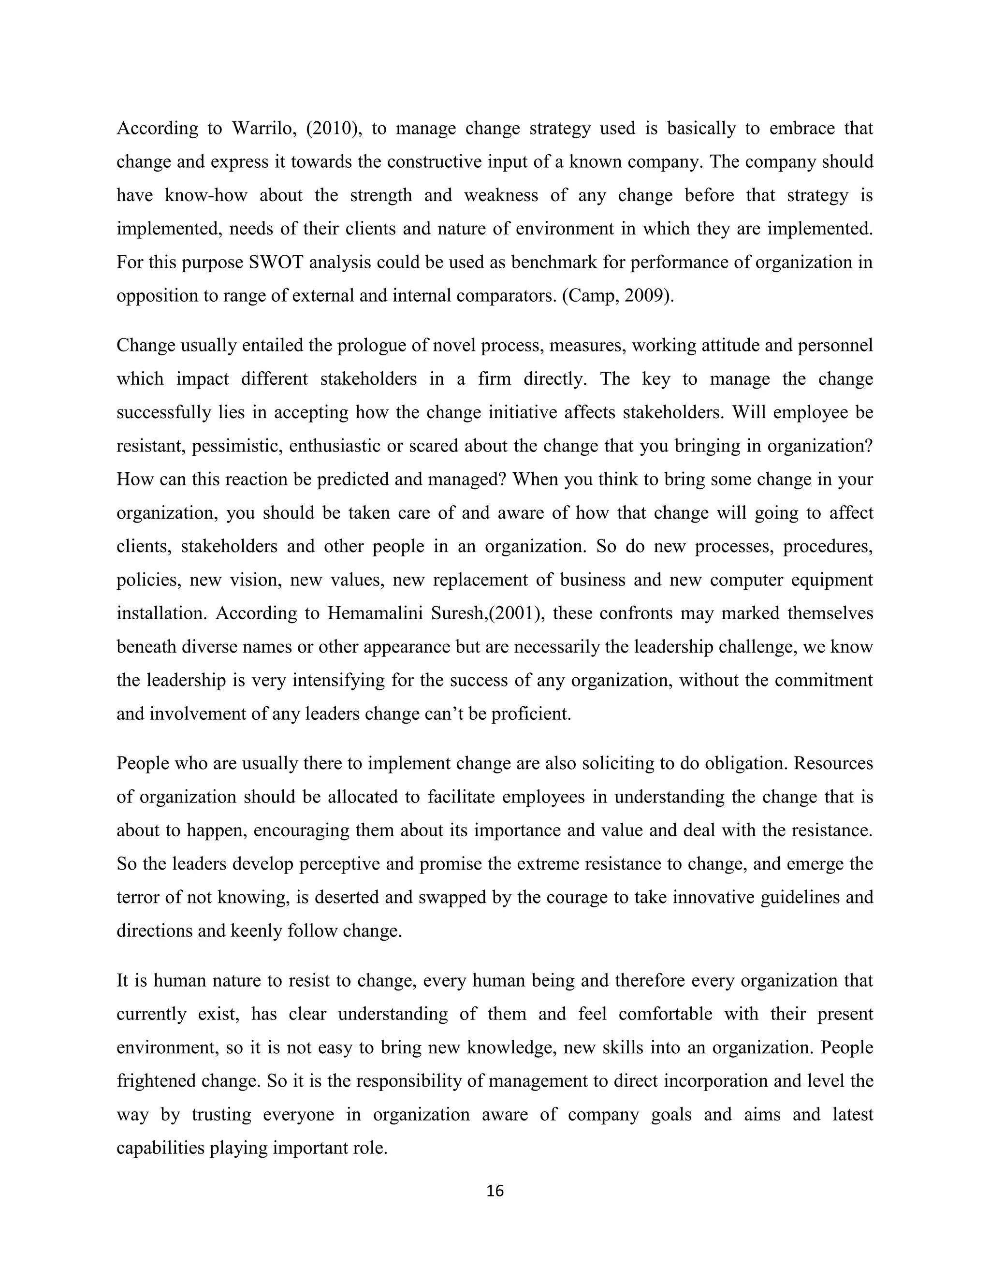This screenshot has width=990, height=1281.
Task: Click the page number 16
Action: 495,1191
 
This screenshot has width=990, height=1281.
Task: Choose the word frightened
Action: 155,1081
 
